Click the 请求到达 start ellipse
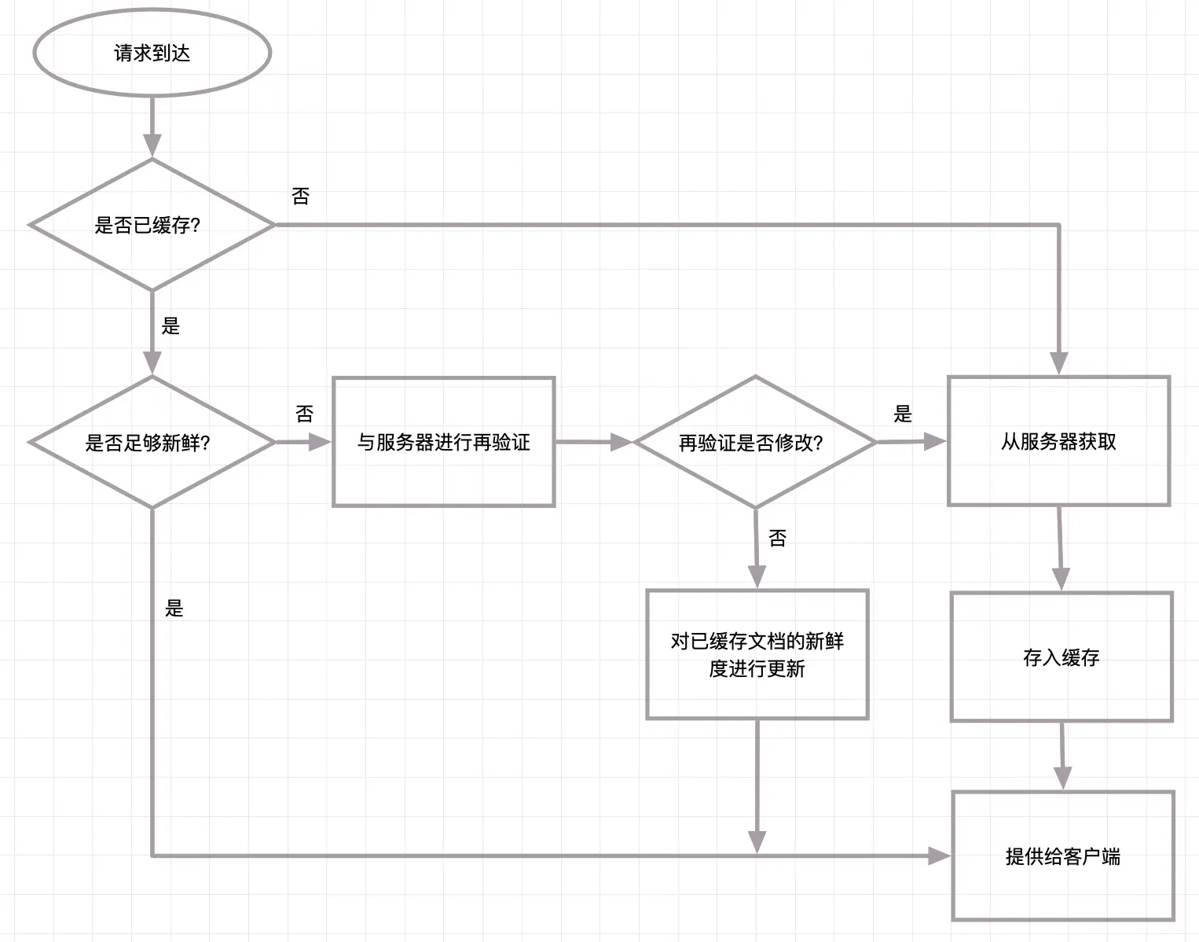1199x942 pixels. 152,53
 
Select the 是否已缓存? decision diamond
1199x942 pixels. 152,225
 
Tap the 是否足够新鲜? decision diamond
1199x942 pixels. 152,442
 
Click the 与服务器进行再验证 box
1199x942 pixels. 444,442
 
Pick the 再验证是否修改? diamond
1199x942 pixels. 754,442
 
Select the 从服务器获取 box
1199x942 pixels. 1058,441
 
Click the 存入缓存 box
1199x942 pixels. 1061,657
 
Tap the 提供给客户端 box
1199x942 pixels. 1063,856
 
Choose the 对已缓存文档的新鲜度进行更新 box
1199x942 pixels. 757,654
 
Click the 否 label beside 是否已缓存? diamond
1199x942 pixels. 300,197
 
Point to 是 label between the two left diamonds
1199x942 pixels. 170,326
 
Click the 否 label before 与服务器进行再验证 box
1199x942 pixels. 304,414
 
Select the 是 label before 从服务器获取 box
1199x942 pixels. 903,414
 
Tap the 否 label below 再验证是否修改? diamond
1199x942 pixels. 777,538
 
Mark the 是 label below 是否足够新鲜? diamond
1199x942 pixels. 174,608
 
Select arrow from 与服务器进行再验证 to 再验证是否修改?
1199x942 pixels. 593,442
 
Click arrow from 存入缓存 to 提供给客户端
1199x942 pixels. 1062,755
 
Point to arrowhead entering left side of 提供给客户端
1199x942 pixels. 940,856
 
